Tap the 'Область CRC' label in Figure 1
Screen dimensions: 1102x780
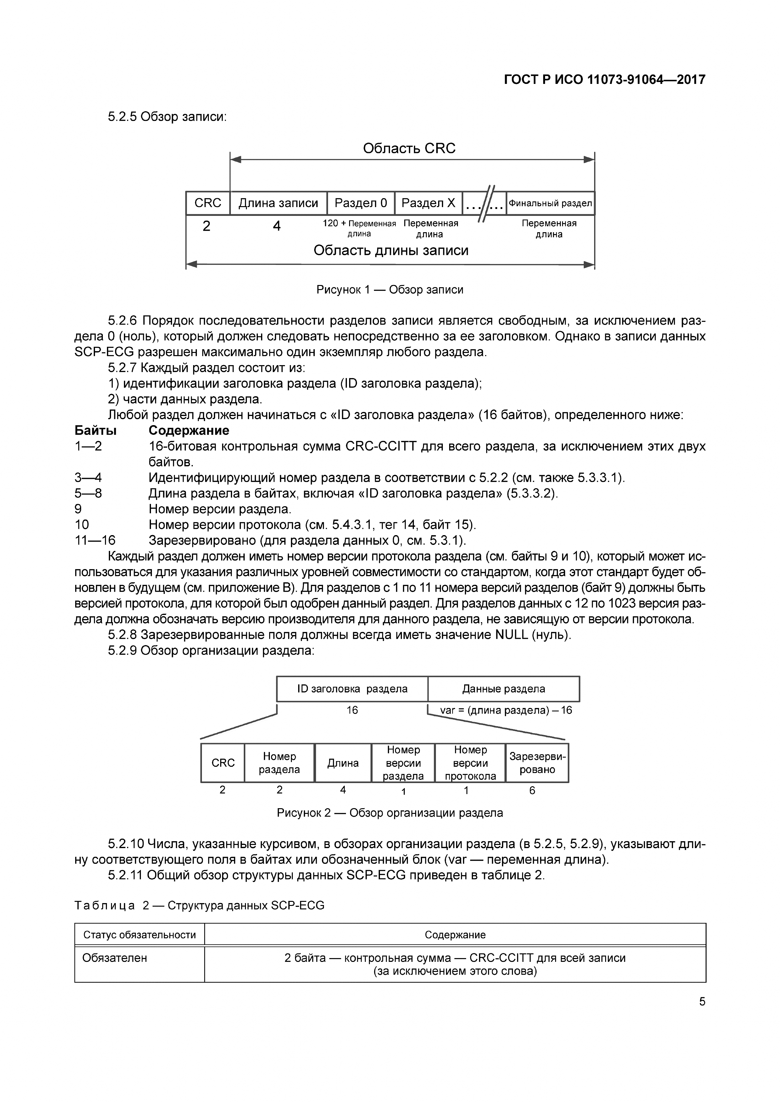pos(409,148)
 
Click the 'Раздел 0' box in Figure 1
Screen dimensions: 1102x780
pos(361,203)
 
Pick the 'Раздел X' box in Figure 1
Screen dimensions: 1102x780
pos(428,203)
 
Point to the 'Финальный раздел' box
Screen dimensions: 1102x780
pos(550,203)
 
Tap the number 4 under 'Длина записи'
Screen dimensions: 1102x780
pos(277,226)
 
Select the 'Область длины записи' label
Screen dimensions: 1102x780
pos(391,250)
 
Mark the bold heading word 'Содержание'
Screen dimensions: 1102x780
pos(189,430)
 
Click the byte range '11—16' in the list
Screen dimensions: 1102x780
pos(95,540)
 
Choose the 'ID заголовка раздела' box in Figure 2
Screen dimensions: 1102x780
pos(352,689)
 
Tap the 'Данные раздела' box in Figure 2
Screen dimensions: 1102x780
pos(503,689)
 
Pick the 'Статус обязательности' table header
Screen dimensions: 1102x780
pos(139,935)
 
